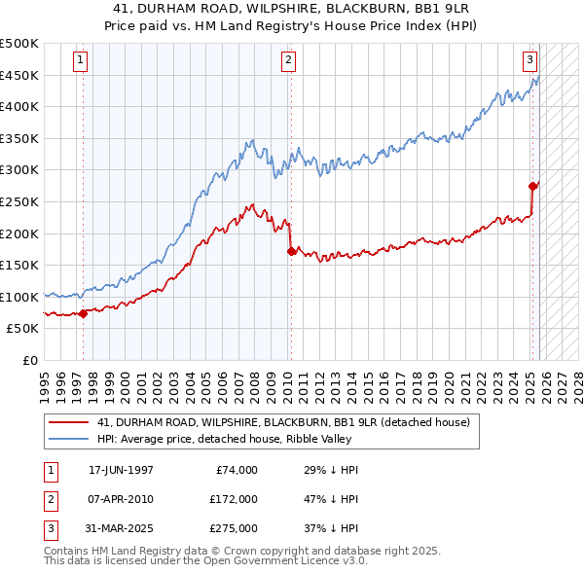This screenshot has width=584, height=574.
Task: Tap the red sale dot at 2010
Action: click(291, 251)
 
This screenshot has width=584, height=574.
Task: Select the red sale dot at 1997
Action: click(84, 313)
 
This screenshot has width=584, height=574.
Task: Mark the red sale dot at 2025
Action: click(532, 186)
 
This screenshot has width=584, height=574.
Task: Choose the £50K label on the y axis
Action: click(23, 329)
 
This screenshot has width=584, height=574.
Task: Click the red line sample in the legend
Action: click(69, 422)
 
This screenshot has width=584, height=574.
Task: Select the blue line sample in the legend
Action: click(69, 439)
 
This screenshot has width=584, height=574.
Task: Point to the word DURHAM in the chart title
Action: click(245, 8)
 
